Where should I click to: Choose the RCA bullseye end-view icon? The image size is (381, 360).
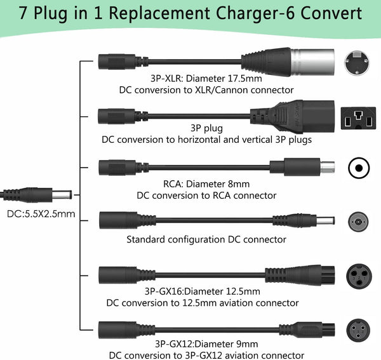click(x=359, y=168)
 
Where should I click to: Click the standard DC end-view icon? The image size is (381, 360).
click(x=359, y=220)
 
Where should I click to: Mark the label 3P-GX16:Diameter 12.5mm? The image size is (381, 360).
click(x=202, y=291)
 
